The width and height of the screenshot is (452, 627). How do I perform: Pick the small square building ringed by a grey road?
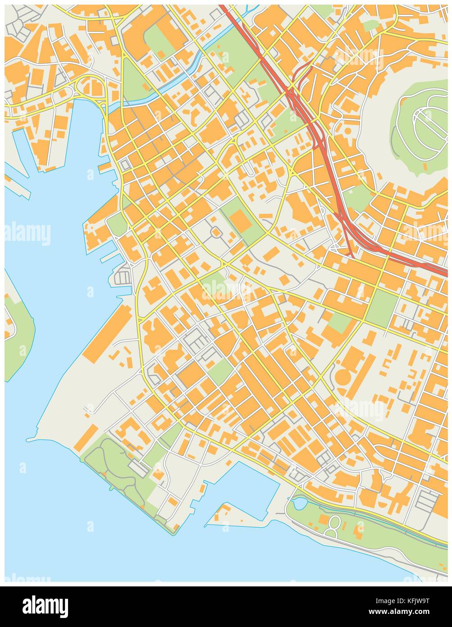pyautogui.click(x=215, y=232)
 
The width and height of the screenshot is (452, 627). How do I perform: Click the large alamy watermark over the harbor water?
pyautogui.click(x=27, y=234)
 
